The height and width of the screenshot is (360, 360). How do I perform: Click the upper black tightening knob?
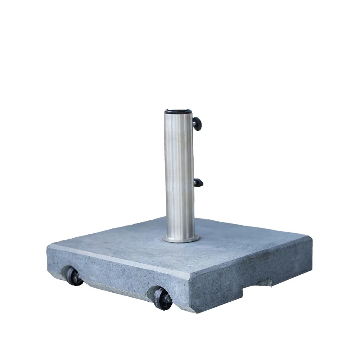point(197,123)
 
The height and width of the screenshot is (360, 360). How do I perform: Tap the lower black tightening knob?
point(199,183)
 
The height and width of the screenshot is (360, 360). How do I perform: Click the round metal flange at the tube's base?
point(180,238)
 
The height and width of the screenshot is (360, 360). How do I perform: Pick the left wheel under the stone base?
point(74,276)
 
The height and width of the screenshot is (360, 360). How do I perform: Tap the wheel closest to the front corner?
point(162,297)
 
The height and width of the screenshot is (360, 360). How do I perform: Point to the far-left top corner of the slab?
point(49,246)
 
